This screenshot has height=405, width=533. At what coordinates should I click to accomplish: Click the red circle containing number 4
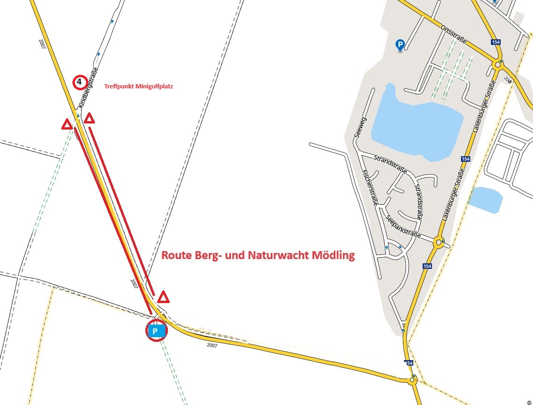point(79,82)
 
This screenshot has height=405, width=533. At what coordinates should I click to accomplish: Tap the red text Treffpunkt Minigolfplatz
point(138,87)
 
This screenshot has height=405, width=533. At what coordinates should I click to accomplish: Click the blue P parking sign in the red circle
point(157,331)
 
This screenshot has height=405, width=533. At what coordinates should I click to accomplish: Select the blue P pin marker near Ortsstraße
point(400,45)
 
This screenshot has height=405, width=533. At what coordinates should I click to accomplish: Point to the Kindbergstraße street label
point(89,88)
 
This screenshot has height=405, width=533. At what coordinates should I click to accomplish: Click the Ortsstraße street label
point(454,35)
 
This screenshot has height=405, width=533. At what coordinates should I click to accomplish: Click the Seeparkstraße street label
point(403,226)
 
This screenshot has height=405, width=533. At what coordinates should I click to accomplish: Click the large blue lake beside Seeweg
point(416,123)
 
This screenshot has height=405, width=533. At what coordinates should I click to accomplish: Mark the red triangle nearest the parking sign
point(163,297)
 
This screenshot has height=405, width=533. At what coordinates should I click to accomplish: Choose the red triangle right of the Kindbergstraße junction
point(89,118)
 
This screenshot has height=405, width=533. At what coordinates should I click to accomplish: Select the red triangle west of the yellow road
point(67,124)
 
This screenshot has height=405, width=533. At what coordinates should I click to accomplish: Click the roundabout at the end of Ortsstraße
point(497,65)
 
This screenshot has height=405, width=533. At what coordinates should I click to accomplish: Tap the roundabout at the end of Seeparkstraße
point(439,242)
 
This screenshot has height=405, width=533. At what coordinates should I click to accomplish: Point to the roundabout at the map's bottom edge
point(412,381)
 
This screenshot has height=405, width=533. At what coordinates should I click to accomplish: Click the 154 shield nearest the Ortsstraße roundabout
point(496,42)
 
